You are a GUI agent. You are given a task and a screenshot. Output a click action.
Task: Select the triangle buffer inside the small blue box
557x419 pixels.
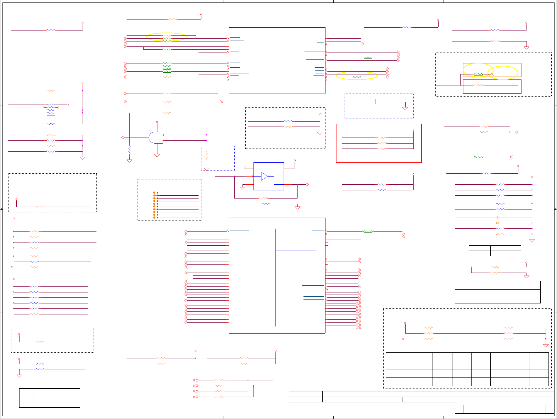click(x=264, y=176)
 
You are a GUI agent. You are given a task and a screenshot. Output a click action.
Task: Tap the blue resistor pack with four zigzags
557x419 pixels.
click(x=51, y=109)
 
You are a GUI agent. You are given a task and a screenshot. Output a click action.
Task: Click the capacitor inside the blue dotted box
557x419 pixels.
click(x=377, y=102)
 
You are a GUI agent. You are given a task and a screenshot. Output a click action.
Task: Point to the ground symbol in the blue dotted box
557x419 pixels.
click(x=405, y=108)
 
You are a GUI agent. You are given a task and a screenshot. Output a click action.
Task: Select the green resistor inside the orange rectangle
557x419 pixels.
click(x=478, y=74)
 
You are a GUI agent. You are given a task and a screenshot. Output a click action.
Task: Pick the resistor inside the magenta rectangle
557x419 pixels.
click(x=478, y=85)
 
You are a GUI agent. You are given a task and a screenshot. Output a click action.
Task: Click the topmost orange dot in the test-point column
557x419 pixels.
click(x=154, y=193)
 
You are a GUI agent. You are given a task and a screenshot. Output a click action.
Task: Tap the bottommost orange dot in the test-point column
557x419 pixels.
click(x=154, y=217)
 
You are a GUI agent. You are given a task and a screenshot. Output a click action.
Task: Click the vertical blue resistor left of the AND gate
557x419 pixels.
click(x=129, y=150)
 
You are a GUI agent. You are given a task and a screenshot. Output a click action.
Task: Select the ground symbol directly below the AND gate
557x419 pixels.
click(x=157, y=155)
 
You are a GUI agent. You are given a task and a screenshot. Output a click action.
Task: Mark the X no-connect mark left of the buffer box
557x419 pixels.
click(x=245, y=168)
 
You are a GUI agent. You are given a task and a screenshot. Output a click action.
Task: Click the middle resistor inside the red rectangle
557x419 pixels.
click(x=381, y=143)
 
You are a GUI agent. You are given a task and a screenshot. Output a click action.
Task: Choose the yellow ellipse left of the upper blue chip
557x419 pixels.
click(x=166, y=37)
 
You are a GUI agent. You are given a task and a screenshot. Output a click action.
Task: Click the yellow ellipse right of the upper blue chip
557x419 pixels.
click(x=357, y=76)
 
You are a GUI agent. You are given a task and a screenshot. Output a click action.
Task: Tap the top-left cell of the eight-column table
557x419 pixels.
click(x=397, y=357)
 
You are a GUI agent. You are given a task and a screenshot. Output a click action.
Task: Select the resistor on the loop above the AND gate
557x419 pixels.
click(x=167, y=113)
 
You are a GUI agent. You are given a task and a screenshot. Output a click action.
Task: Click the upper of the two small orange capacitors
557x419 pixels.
click(x=498, y=218)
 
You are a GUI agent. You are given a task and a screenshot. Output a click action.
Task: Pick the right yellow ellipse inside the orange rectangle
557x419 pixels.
click(x=503, y=73)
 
